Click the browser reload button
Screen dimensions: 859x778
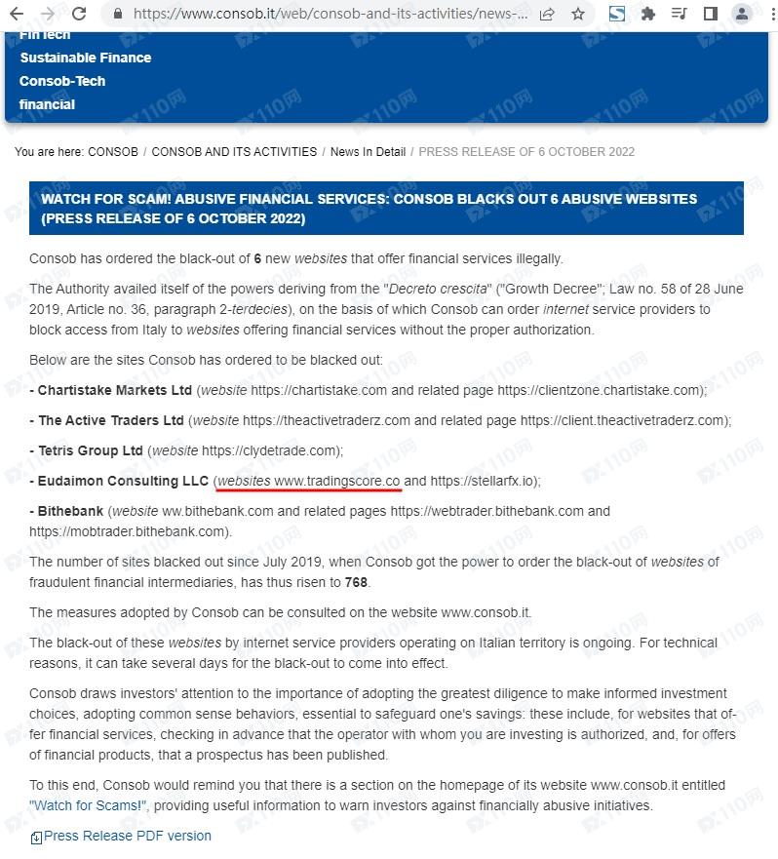pyautogui.click(x=80, y=14)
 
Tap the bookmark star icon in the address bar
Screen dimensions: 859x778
pyautogui.click(x=578, y=14)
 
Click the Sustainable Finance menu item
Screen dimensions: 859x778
pyautogui.click(x=86, y=58)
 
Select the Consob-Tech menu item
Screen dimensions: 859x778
pyautogui.click(x=62, y=81)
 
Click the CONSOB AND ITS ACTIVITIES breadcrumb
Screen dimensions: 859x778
pyautogui.click(x=234, y=152)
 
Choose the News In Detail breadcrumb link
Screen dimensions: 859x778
pyautogui.click(x=368, y=152)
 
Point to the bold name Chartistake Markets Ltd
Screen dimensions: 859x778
pyautogui.click(x=115, y=390)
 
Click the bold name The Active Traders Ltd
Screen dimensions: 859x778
pyautogui.click(x=111, y=420)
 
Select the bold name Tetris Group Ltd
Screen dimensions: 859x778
pyautogui.click(x=91, y=450)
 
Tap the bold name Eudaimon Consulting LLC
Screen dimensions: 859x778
pyautogui.click(x=124, y=481)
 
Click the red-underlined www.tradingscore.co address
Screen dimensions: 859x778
pyautogui.click(x=337, y=481)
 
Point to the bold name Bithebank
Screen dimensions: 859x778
pyautogui.click(x=70, y=511)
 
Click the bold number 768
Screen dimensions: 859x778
pyautogui.click(x=357, y=582)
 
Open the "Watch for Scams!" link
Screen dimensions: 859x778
pyautogui.click(x=88, y=805)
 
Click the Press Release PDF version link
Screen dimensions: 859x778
pyautogui.click(x=128, y=836)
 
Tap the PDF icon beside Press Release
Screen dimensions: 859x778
pyautogui.click(x=36, y=837)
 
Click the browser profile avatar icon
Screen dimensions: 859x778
pyautogui.click(x=743, y=14)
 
